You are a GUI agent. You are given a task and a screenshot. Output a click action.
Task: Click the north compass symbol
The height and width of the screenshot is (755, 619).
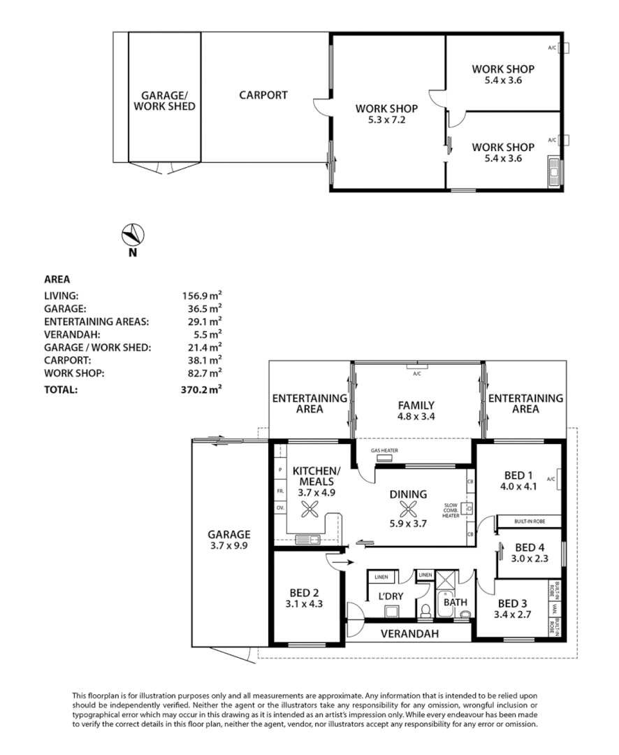(x=132, y=233)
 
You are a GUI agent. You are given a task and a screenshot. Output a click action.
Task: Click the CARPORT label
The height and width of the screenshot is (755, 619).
(x=263, y=95)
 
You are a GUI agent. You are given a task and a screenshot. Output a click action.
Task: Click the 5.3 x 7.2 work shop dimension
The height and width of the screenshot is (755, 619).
(x=386, y=120)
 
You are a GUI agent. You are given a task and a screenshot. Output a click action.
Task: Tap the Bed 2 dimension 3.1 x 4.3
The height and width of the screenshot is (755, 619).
(x=305, y=603)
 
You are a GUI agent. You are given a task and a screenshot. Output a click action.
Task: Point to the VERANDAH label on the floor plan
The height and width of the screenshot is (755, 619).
(x=409, y=634)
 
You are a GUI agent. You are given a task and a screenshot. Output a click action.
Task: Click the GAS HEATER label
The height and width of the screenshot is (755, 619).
(x=384, y=451)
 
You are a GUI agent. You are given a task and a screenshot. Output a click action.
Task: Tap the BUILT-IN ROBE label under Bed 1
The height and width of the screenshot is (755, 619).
(x=529, y=522)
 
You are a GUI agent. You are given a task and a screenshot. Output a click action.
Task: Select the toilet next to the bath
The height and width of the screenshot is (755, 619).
(x=426, y=610)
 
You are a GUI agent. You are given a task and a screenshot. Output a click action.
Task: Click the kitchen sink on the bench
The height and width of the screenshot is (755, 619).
(x=307, y=539)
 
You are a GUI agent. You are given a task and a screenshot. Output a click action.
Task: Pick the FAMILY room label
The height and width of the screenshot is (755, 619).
(x=416, y=405)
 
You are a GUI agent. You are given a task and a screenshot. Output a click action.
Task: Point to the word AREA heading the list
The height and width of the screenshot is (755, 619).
(x=57, y=278)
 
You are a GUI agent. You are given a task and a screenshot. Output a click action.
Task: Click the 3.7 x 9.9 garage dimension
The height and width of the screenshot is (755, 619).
(x=228, y=545)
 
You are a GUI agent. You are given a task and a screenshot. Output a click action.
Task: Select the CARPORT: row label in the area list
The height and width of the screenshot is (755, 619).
(x=66, y=360)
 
